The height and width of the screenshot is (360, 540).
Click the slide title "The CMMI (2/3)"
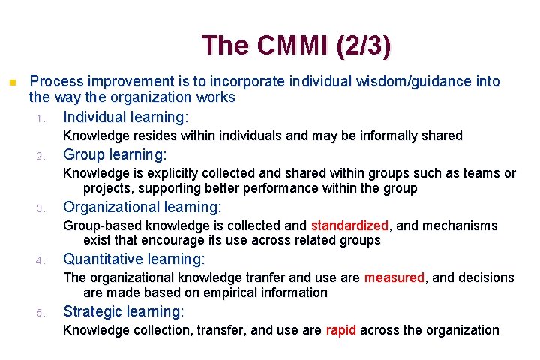296,46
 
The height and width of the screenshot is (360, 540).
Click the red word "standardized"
349,226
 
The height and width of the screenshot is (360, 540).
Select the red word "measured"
394,277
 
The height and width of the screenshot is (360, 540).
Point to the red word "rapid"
341,330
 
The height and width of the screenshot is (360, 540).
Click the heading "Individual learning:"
126,118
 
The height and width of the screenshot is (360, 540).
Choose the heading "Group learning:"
115,155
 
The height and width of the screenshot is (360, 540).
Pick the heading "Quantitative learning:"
133,259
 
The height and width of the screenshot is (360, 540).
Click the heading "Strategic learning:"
124,312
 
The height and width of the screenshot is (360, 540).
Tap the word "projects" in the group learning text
107,188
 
